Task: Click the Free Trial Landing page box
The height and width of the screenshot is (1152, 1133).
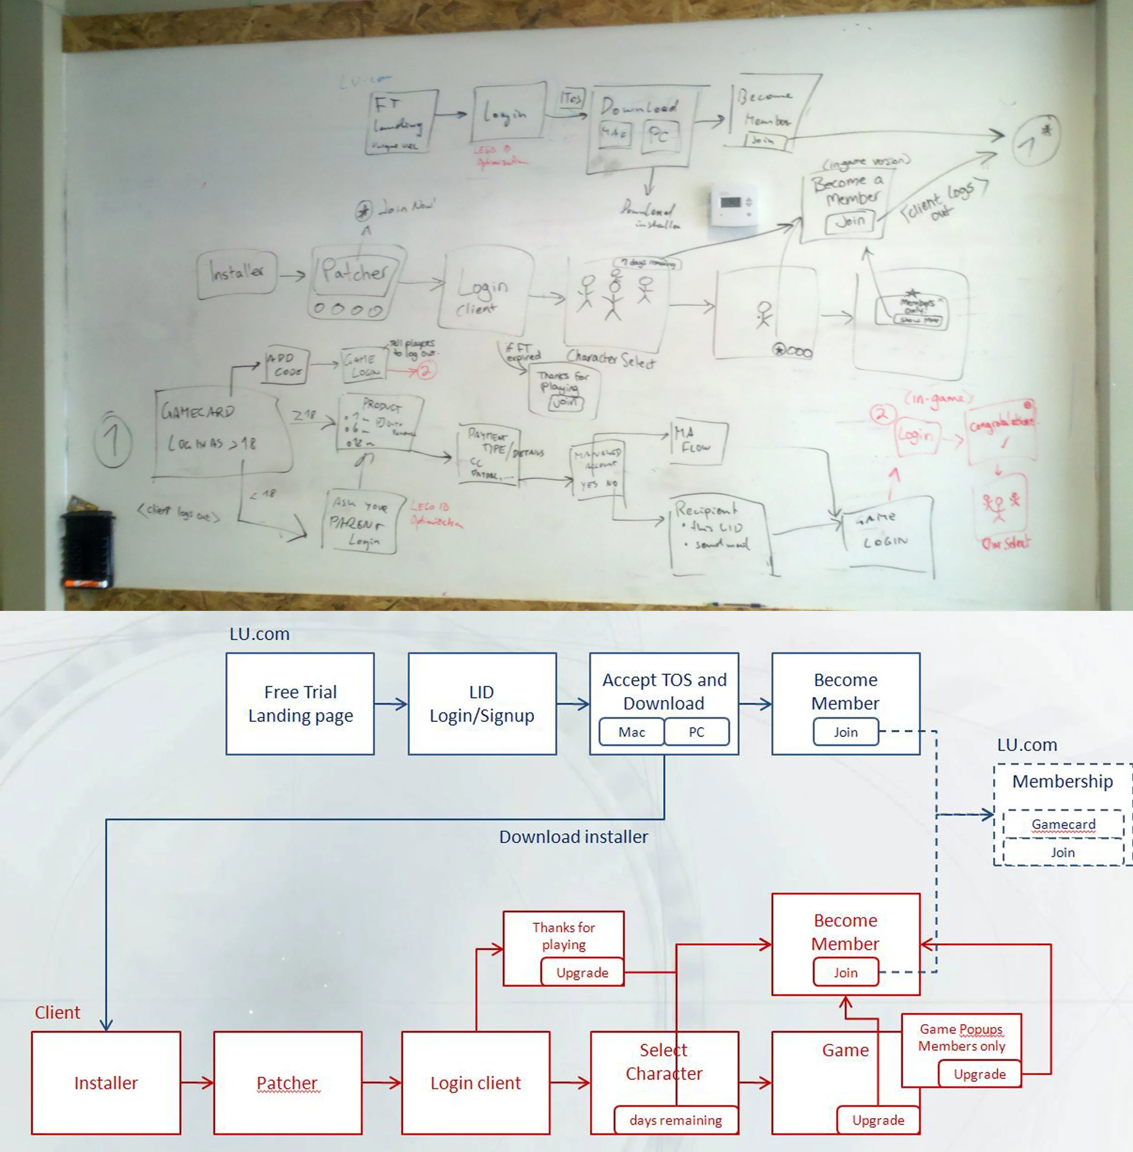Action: click(x=300, y=703)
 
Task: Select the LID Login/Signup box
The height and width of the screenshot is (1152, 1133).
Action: click(x=482, y=703)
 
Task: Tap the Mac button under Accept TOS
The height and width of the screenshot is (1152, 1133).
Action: click(x=631, y=732)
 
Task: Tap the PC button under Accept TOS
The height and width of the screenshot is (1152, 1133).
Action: click(x=696, y=732)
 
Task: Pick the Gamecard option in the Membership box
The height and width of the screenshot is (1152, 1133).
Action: click(x=1063, y=824)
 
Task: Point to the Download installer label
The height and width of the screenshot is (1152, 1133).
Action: click(x=573, y=837)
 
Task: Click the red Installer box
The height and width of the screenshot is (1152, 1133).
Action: click(x=106, y=1082)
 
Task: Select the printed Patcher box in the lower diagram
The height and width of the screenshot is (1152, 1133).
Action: click(x=287, y=1082)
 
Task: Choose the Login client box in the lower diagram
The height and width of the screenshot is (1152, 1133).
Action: click(x=475, y=1082)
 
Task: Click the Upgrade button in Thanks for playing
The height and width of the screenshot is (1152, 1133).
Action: click(x=582, y=972)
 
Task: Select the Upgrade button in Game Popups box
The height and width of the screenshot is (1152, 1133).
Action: click(x=979, y=1074)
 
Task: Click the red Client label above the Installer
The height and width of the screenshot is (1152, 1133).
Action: click(x=57, y=1012)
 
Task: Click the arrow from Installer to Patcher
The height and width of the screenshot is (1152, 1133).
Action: click(x=197, y=1082)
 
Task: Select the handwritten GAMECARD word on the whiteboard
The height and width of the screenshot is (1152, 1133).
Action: click(x=198, y=411)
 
